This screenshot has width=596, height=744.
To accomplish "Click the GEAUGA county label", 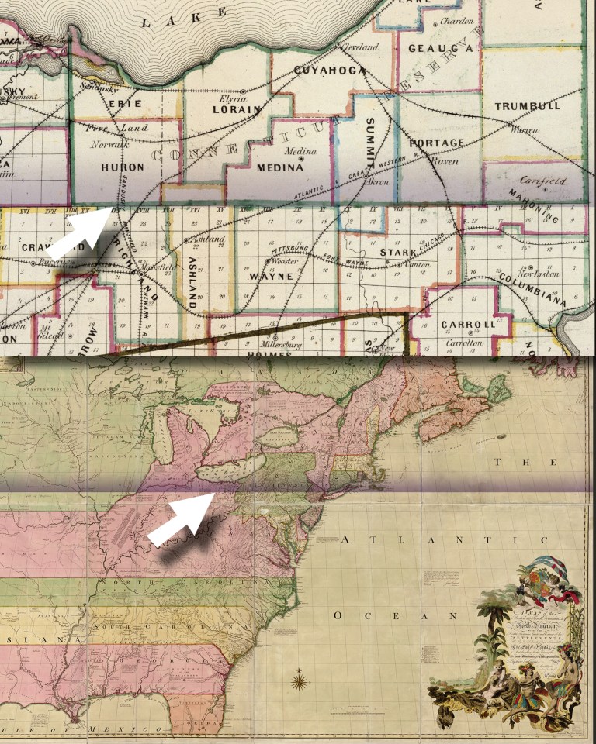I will (431, 48).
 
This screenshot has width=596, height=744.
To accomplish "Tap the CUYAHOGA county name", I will (330, 71).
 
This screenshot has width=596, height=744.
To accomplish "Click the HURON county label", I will (122, 167).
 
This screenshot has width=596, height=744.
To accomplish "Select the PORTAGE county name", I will (436, 143).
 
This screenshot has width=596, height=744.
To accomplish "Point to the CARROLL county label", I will (467, 325).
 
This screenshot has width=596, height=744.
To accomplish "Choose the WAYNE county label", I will (270, 276).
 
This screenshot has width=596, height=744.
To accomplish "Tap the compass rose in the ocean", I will (299, 682).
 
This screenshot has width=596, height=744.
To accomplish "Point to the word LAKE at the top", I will (184, 17).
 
